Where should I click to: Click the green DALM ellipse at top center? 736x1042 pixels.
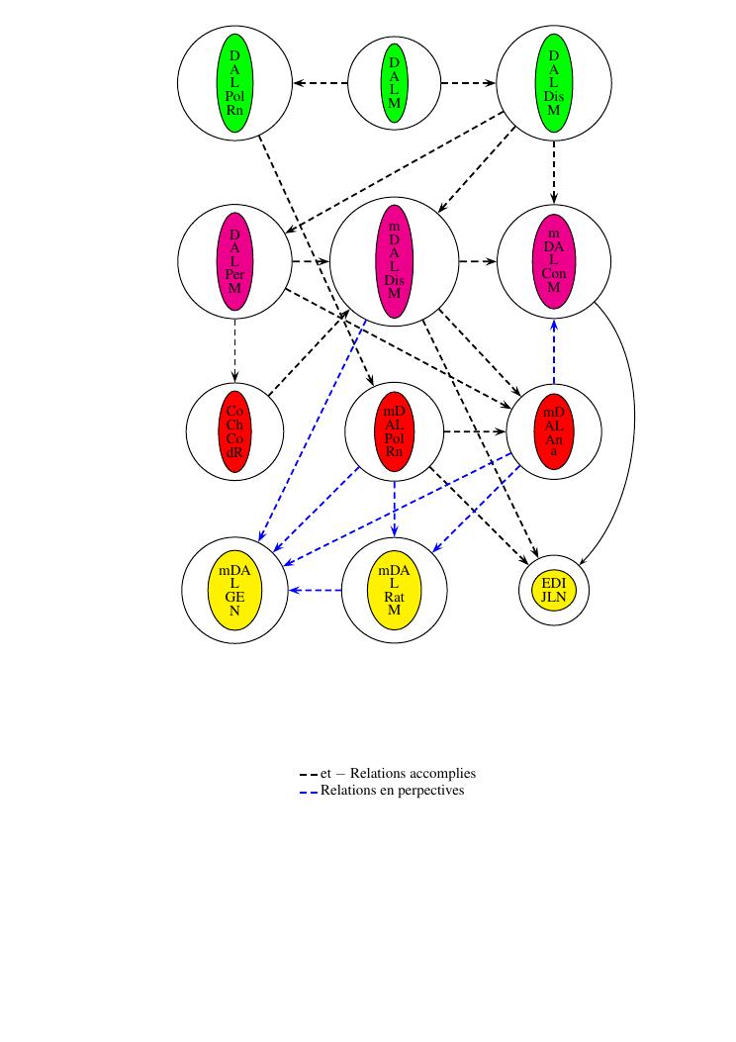click(394, 83)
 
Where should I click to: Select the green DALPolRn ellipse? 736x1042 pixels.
click(234, 83)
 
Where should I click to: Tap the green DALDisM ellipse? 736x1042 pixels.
click(553, 83)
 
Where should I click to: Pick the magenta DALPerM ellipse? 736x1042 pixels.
click(234, 261)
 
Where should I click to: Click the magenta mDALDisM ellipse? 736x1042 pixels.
click(394, 261)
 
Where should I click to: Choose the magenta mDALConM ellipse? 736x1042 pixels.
click(554, 261)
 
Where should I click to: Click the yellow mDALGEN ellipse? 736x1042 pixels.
click(234, 590)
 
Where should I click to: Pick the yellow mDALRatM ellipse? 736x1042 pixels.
click(394, 590)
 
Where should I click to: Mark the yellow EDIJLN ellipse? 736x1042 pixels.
click(554, 591)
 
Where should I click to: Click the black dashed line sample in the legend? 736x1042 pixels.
click(309, 774)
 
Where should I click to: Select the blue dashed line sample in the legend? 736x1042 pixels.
click(309, 792)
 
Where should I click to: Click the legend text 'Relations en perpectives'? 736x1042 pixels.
click(392, 791)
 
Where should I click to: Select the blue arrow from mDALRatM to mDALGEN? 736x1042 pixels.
click(317, 590)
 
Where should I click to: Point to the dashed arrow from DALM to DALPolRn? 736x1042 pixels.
click(322, 83)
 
